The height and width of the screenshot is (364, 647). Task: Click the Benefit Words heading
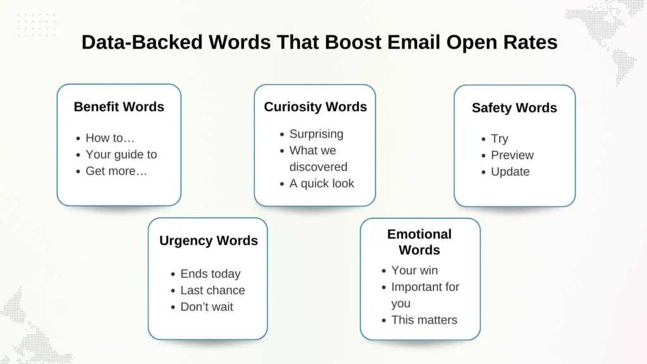(119, 107)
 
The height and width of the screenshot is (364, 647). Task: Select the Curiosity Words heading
(315, 107)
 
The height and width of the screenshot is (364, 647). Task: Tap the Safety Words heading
(514, 108)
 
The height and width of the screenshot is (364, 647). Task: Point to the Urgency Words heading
(209, 241)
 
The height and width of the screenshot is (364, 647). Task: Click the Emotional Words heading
(420, 242)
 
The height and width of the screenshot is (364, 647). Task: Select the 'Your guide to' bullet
(121, 154)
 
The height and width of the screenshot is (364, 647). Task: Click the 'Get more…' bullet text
(116, 171)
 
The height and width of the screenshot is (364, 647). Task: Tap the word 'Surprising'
(317, 134)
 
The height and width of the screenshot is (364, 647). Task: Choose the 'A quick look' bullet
(322, 183)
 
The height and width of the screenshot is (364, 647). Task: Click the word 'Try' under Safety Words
(499, 139)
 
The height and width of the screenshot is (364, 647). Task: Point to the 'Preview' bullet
(512, 155)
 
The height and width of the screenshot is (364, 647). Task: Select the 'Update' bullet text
(510, 172)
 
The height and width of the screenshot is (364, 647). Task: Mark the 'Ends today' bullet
(210, 274)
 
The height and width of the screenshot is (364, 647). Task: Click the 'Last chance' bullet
(212, 290)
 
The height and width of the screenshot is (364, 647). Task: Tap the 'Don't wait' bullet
(207, 306)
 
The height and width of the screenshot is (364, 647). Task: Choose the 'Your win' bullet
(414, 270)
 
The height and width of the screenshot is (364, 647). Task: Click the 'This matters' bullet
(424, 320)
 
